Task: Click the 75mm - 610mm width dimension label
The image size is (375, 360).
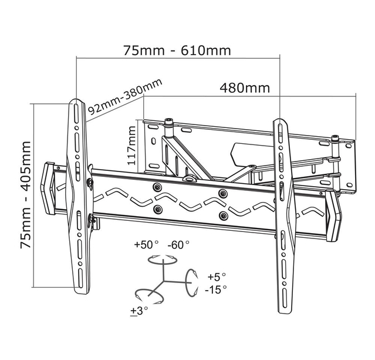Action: [177, 51]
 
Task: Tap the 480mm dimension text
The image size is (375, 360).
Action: [245, 88]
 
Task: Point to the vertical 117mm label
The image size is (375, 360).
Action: [131, 145]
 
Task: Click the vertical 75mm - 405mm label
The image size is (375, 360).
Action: [26, 194]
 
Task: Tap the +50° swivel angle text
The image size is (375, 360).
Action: [146, 245]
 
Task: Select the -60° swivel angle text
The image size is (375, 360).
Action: [178, 245]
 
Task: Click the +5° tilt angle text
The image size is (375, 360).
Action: [217, 277]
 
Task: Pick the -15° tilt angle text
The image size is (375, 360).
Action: [215, 290]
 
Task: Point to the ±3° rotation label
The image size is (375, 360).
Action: [139, 311]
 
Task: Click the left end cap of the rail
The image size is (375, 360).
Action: [48, 189]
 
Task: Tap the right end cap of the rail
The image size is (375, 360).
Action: [333, 215]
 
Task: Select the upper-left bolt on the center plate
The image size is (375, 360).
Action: [157, 187]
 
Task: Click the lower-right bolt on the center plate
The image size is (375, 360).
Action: [223, 216]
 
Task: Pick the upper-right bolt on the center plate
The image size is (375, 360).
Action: [222, 193]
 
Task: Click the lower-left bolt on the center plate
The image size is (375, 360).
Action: [157, 209]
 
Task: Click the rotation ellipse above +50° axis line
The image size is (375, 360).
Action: [163, 260]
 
